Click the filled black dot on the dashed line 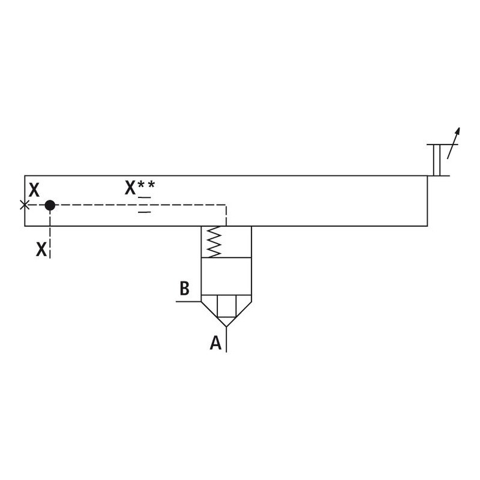point(50,205)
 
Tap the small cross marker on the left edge point(25,205)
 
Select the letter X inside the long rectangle point(34,191)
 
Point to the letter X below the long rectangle point(41,250)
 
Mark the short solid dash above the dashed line point(145,197)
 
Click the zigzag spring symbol point(214,241)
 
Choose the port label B point(185,289)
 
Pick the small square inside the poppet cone point(226,306)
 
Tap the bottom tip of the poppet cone point(226,326)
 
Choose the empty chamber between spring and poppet point(226,276)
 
